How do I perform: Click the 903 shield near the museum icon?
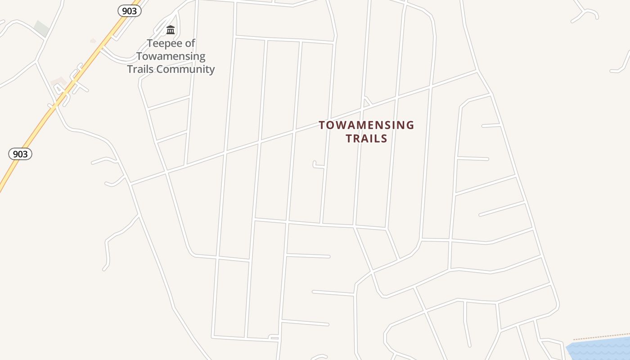coord(130,11)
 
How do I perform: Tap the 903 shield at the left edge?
coord(20,154)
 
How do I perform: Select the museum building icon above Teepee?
coord(171,30)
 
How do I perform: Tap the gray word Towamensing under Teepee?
coord(171,56)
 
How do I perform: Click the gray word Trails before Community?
coord(140,69)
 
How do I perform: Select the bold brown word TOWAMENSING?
coord(366,125)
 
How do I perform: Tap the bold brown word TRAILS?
coord(366,138)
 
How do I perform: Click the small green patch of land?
coord(41,28)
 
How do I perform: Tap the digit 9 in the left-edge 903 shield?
coord(15,154)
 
